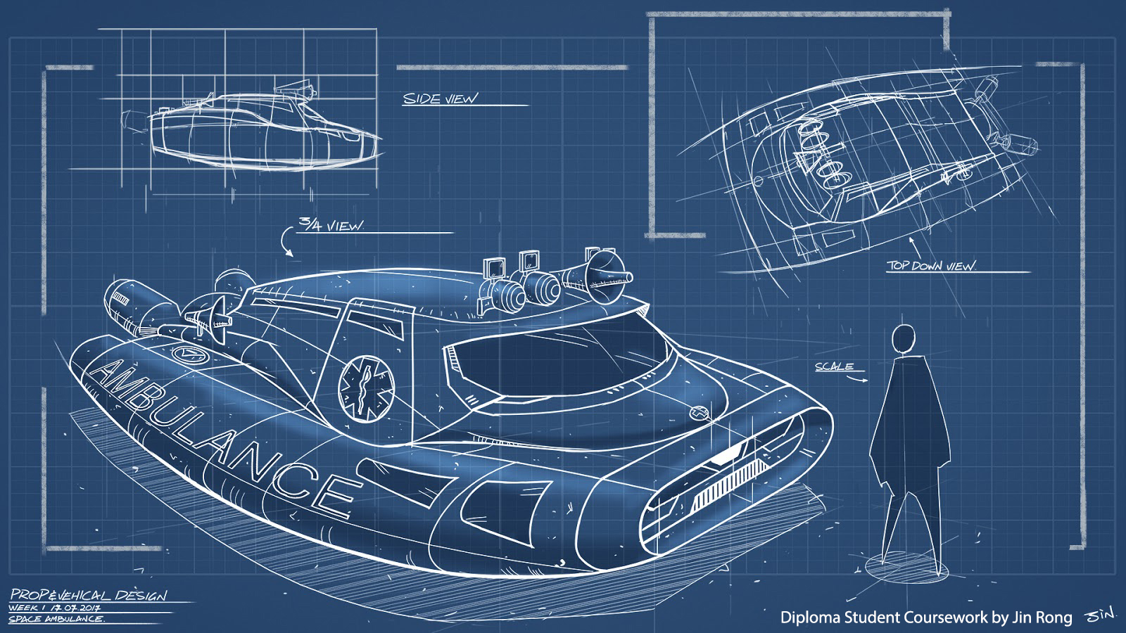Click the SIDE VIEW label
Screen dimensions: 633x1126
[x=439, y=98]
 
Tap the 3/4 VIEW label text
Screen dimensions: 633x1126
[x=331, y=225]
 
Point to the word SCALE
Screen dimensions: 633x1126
[x=834, y=366]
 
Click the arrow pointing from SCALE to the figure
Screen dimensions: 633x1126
[x=859, y=380]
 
